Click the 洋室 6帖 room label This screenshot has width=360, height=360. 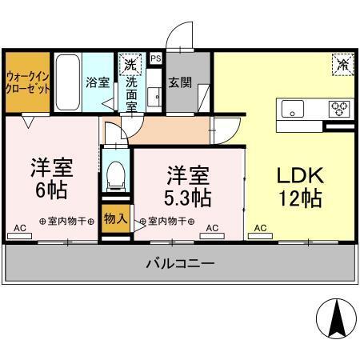coord(52,179)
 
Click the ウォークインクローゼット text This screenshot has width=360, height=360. coord(27,82)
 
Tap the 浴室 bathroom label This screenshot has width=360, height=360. coord(98,82)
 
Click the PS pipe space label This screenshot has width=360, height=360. coord(156,58)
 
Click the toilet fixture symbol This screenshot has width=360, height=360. coord(116,174)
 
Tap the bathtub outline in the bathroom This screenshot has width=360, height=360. coord(68,82)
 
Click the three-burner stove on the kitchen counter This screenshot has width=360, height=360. coord(340,107)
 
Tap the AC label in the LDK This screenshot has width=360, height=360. coord(261,229)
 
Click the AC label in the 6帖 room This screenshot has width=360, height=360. coord(20,229)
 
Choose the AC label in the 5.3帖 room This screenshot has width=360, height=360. coord(212,229)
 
